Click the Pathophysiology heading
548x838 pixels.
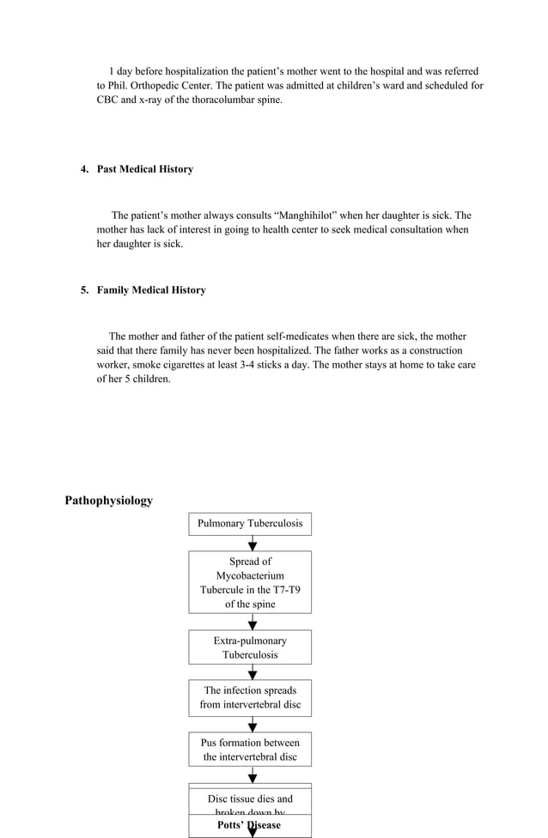coord(108,501)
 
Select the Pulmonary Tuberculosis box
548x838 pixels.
coord(250,524)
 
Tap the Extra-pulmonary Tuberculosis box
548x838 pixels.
coord(250,647)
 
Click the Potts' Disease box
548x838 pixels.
coord(250,826)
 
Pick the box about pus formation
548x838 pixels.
coord(250,750)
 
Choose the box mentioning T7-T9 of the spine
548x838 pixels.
coord(250,582)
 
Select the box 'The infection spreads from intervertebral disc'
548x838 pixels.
coord(250,698)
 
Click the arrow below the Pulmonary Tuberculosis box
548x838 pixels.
coord(253,543)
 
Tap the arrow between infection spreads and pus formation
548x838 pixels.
coord(253,724)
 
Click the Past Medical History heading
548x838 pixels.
coord(144,169)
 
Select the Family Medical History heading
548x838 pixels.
coord(151,290)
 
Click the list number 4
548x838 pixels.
coord(84,169)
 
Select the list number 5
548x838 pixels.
coord(84,290)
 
